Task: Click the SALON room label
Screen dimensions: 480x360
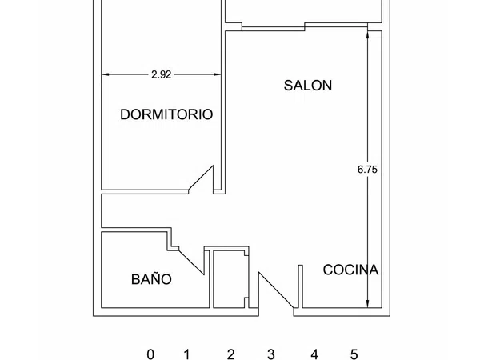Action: click(x=308, y=86)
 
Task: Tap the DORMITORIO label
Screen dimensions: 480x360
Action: click(x=166, y=114)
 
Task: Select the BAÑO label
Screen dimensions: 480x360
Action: click(x=151, y=278)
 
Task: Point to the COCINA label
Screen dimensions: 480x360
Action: click(x=350, y=270)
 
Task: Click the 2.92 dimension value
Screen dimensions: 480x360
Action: click(x=162, y=74)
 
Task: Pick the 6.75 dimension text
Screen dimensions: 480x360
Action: click(x=367, y=170)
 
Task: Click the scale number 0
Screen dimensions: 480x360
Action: click(x=150, y=354)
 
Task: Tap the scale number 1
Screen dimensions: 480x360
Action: click(x=187, y=354)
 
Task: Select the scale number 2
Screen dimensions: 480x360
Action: click(x=231, y=354)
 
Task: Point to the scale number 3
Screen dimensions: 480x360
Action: click(x=271, y=354)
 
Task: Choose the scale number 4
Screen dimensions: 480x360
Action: click(x=314, y=354)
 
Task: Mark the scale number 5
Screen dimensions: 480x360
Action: click(x=354, y=354)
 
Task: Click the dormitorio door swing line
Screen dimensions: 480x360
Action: click(x=201, y=178)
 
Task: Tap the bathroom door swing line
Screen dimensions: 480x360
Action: click(x=191, y=262)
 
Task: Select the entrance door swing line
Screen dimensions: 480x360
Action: click(x=276, y=290)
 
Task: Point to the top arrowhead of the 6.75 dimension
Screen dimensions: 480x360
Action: click(x=368, y=35)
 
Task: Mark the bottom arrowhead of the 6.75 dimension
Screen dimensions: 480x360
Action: click(x=368, y=303)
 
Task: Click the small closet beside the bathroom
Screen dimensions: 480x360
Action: click(x=231, y=279)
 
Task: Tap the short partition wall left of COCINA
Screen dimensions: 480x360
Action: click(x=301, y=286)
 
